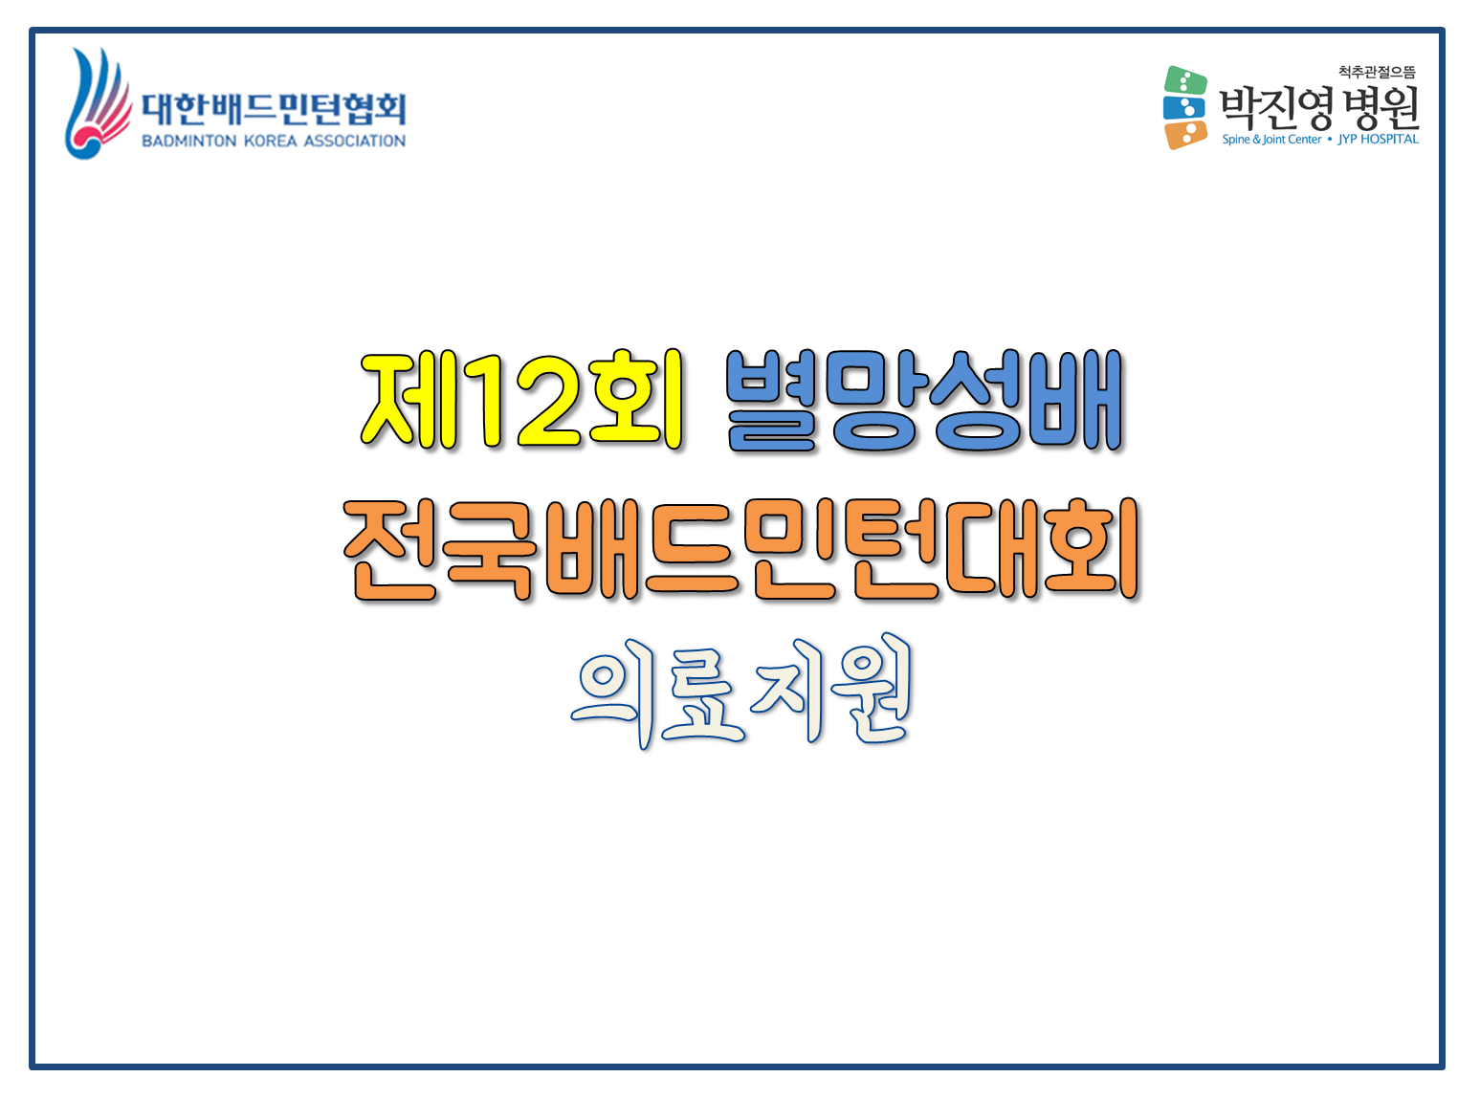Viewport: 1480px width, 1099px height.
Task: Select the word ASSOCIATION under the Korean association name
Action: click(354, 141)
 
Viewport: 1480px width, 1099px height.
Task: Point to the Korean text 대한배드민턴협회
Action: click(274, 109)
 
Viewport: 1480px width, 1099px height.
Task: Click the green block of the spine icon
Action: click(1185, 80)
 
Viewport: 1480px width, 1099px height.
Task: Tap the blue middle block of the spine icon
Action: click(1183, 108)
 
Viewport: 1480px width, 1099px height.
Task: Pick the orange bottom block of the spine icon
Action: click(1186, 135)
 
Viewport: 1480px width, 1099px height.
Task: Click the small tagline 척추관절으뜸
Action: click(1377, 72)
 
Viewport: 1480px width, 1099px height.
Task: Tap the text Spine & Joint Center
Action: click(1271, 140)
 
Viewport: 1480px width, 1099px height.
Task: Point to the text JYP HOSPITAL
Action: click(1378, 140)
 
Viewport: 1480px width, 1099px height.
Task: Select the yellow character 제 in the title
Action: click(409, 400)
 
